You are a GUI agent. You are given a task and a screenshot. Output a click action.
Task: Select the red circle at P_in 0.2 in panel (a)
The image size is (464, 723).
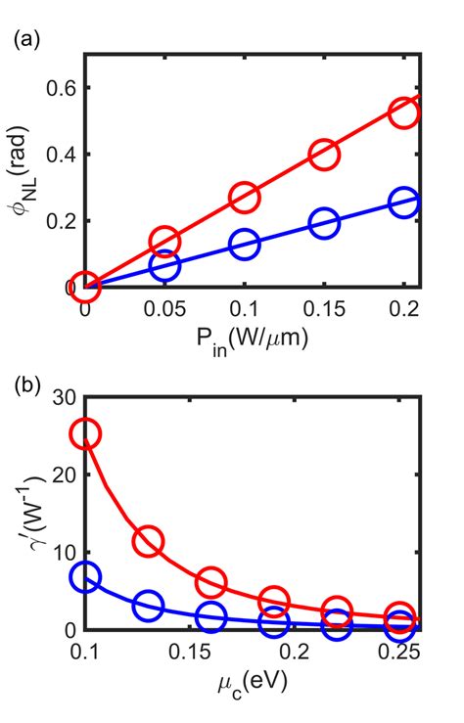click(x=403, y=113)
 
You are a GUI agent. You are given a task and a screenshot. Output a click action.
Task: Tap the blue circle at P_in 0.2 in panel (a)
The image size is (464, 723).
click(x=403, y=203)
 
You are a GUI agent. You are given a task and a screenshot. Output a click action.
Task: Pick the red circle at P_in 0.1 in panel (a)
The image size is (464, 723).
click(x=244, y=198)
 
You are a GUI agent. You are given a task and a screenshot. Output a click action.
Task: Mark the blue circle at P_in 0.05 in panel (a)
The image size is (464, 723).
click(x=164, y=265)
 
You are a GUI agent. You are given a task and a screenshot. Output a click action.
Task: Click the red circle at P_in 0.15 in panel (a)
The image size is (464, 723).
click(x=324, y=155)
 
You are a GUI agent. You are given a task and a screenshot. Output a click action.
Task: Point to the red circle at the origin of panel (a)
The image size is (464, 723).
click(x=85, y=287)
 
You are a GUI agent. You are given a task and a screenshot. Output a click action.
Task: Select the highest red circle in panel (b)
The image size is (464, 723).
click(x=86, y=433)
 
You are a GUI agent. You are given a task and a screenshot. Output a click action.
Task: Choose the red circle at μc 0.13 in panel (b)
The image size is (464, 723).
click(x=149, y=541)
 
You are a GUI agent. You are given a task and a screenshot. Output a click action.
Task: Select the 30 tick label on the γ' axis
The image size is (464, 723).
click(x=63, y=397)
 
